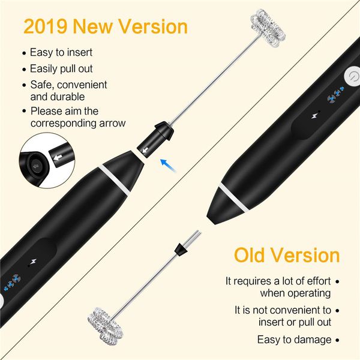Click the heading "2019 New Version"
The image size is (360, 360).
pos(105,26)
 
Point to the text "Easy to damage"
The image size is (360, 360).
pos(295,340)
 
